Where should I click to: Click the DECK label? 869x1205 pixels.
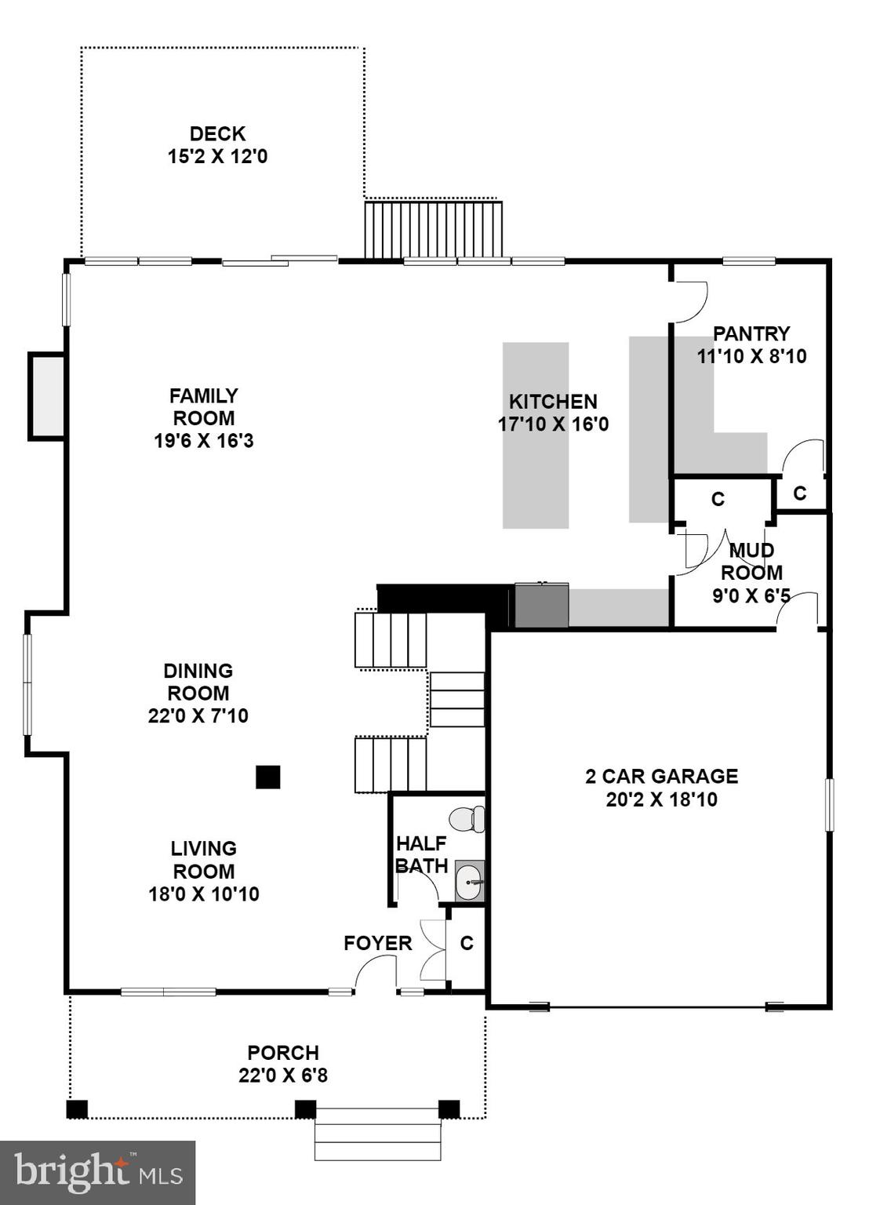pyautogui.click(x=217, y=134)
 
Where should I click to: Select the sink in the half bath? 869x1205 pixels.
pyautogui.click(x=469, y=881)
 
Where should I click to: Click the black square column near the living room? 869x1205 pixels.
pyautogui.click(x=268, y=777)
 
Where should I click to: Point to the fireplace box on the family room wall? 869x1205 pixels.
pyautogui.click(x=47, y=396)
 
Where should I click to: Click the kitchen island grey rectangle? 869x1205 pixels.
pyautogui.click(x=536, y=435)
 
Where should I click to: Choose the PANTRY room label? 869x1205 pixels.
pyautogui.click(x=751, y=333)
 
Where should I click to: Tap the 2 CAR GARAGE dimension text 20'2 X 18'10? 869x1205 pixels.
pyautogui.click(x=661, y=800)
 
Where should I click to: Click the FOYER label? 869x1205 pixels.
pyautogui.click(x=377, y=943)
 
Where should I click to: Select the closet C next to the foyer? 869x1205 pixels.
pyautogui.click(x=467, y=944)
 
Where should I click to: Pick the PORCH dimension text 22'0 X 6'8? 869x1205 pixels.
pyautogui.click(x=283, y=1075)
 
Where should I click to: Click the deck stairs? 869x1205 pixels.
pyautogui.click(x=433, y=230)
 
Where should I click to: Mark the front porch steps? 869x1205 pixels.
pyautogui.click(x=378, y=1134)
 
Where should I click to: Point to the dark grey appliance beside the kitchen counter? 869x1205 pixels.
pyautogui.click(x=541, y=606)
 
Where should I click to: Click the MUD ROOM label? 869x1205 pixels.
pyautogui.click(x=751, y=562)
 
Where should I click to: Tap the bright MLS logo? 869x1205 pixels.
pyautogui.click(x=97, y=1173)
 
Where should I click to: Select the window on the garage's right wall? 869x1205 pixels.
pyautogui.click(x=829, y=804)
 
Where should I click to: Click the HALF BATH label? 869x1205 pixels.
pyautogui.click(x=421, y=855)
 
